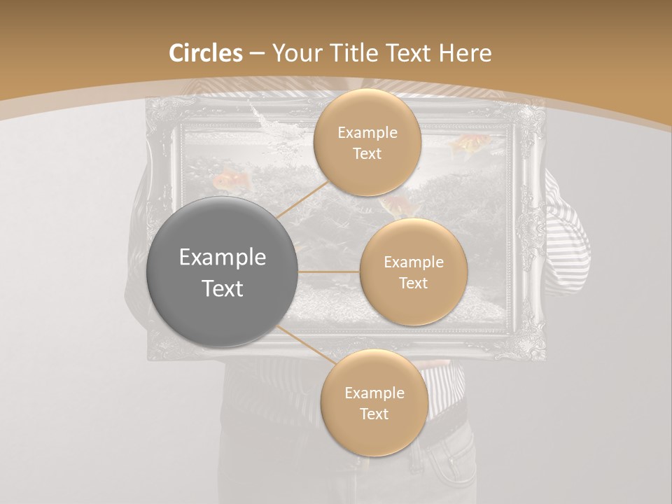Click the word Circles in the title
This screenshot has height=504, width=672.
[205, 53]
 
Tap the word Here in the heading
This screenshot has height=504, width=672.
[465, 53]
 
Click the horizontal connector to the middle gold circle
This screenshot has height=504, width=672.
[329, 272]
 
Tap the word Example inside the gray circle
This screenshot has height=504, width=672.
[223, 258]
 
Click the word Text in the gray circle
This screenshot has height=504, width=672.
[223, 288]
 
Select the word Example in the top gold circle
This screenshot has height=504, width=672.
[367, 133]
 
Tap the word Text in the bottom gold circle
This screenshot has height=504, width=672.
[374, 414]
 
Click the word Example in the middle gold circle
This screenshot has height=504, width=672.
[413, 262]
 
